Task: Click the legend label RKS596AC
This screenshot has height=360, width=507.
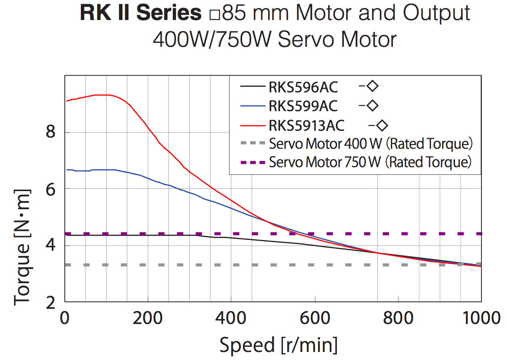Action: pos(303,86)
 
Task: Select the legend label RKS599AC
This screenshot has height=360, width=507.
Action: pos(303,106)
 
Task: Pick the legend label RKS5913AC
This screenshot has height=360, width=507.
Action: pos(307,126)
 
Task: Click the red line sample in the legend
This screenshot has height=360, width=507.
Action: pos(253,125)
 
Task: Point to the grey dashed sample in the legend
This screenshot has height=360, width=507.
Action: pos(253,143)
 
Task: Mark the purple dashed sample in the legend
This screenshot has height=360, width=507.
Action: pos(253,162)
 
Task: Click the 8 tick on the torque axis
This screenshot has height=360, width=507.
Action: pos(50,132)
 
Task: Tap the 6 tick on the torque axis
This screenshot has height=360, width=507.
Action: pos(50,189)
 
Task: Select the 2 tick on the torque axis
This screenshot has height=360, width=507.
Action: pos(50,303)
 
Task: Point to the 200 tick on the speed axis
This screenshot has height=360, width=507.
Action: pos(148,319)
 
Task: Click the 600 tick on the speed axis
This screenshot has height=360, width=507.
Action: pos(315,319)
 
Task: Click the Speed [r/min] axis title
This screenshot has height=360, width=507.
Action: pos(278,344)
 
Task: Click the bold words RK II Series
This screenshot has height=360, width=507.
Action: pos(140,13)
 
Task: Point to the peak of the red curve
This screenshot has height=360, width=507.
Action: pos(102,95)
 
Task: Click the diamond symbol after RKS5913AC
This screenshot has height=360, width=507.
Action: pos(382,126)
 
